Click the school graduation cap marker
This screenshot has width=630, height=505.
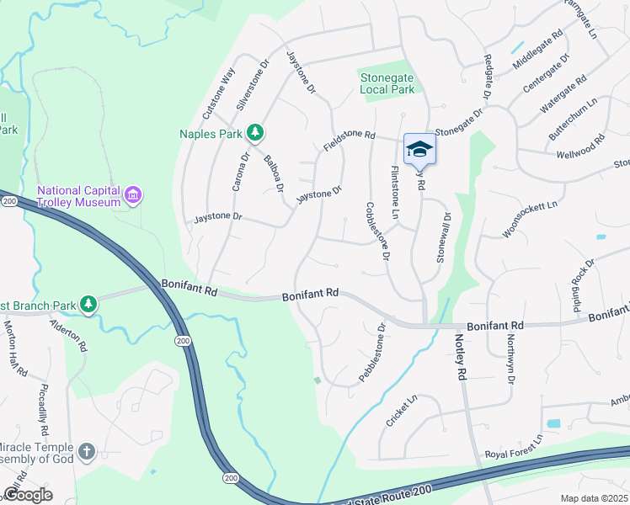[419, 150]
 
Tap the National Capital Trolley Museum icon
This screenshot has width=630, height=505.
[132, 196]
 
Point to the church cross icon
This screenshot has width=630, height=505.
[86, 453]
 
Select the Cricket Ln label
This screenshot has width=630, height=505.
[402, 412]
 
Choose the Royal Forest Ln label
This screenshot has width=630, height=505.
[514, 448]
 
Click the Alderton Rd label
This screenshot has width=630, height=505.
[69, 335]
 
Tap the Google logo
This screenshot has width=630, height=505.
[28, 494]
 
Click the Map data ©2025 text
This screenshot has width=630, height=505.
[594, 498]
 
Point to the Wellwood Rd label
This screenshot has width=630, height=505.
[580, 147]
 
